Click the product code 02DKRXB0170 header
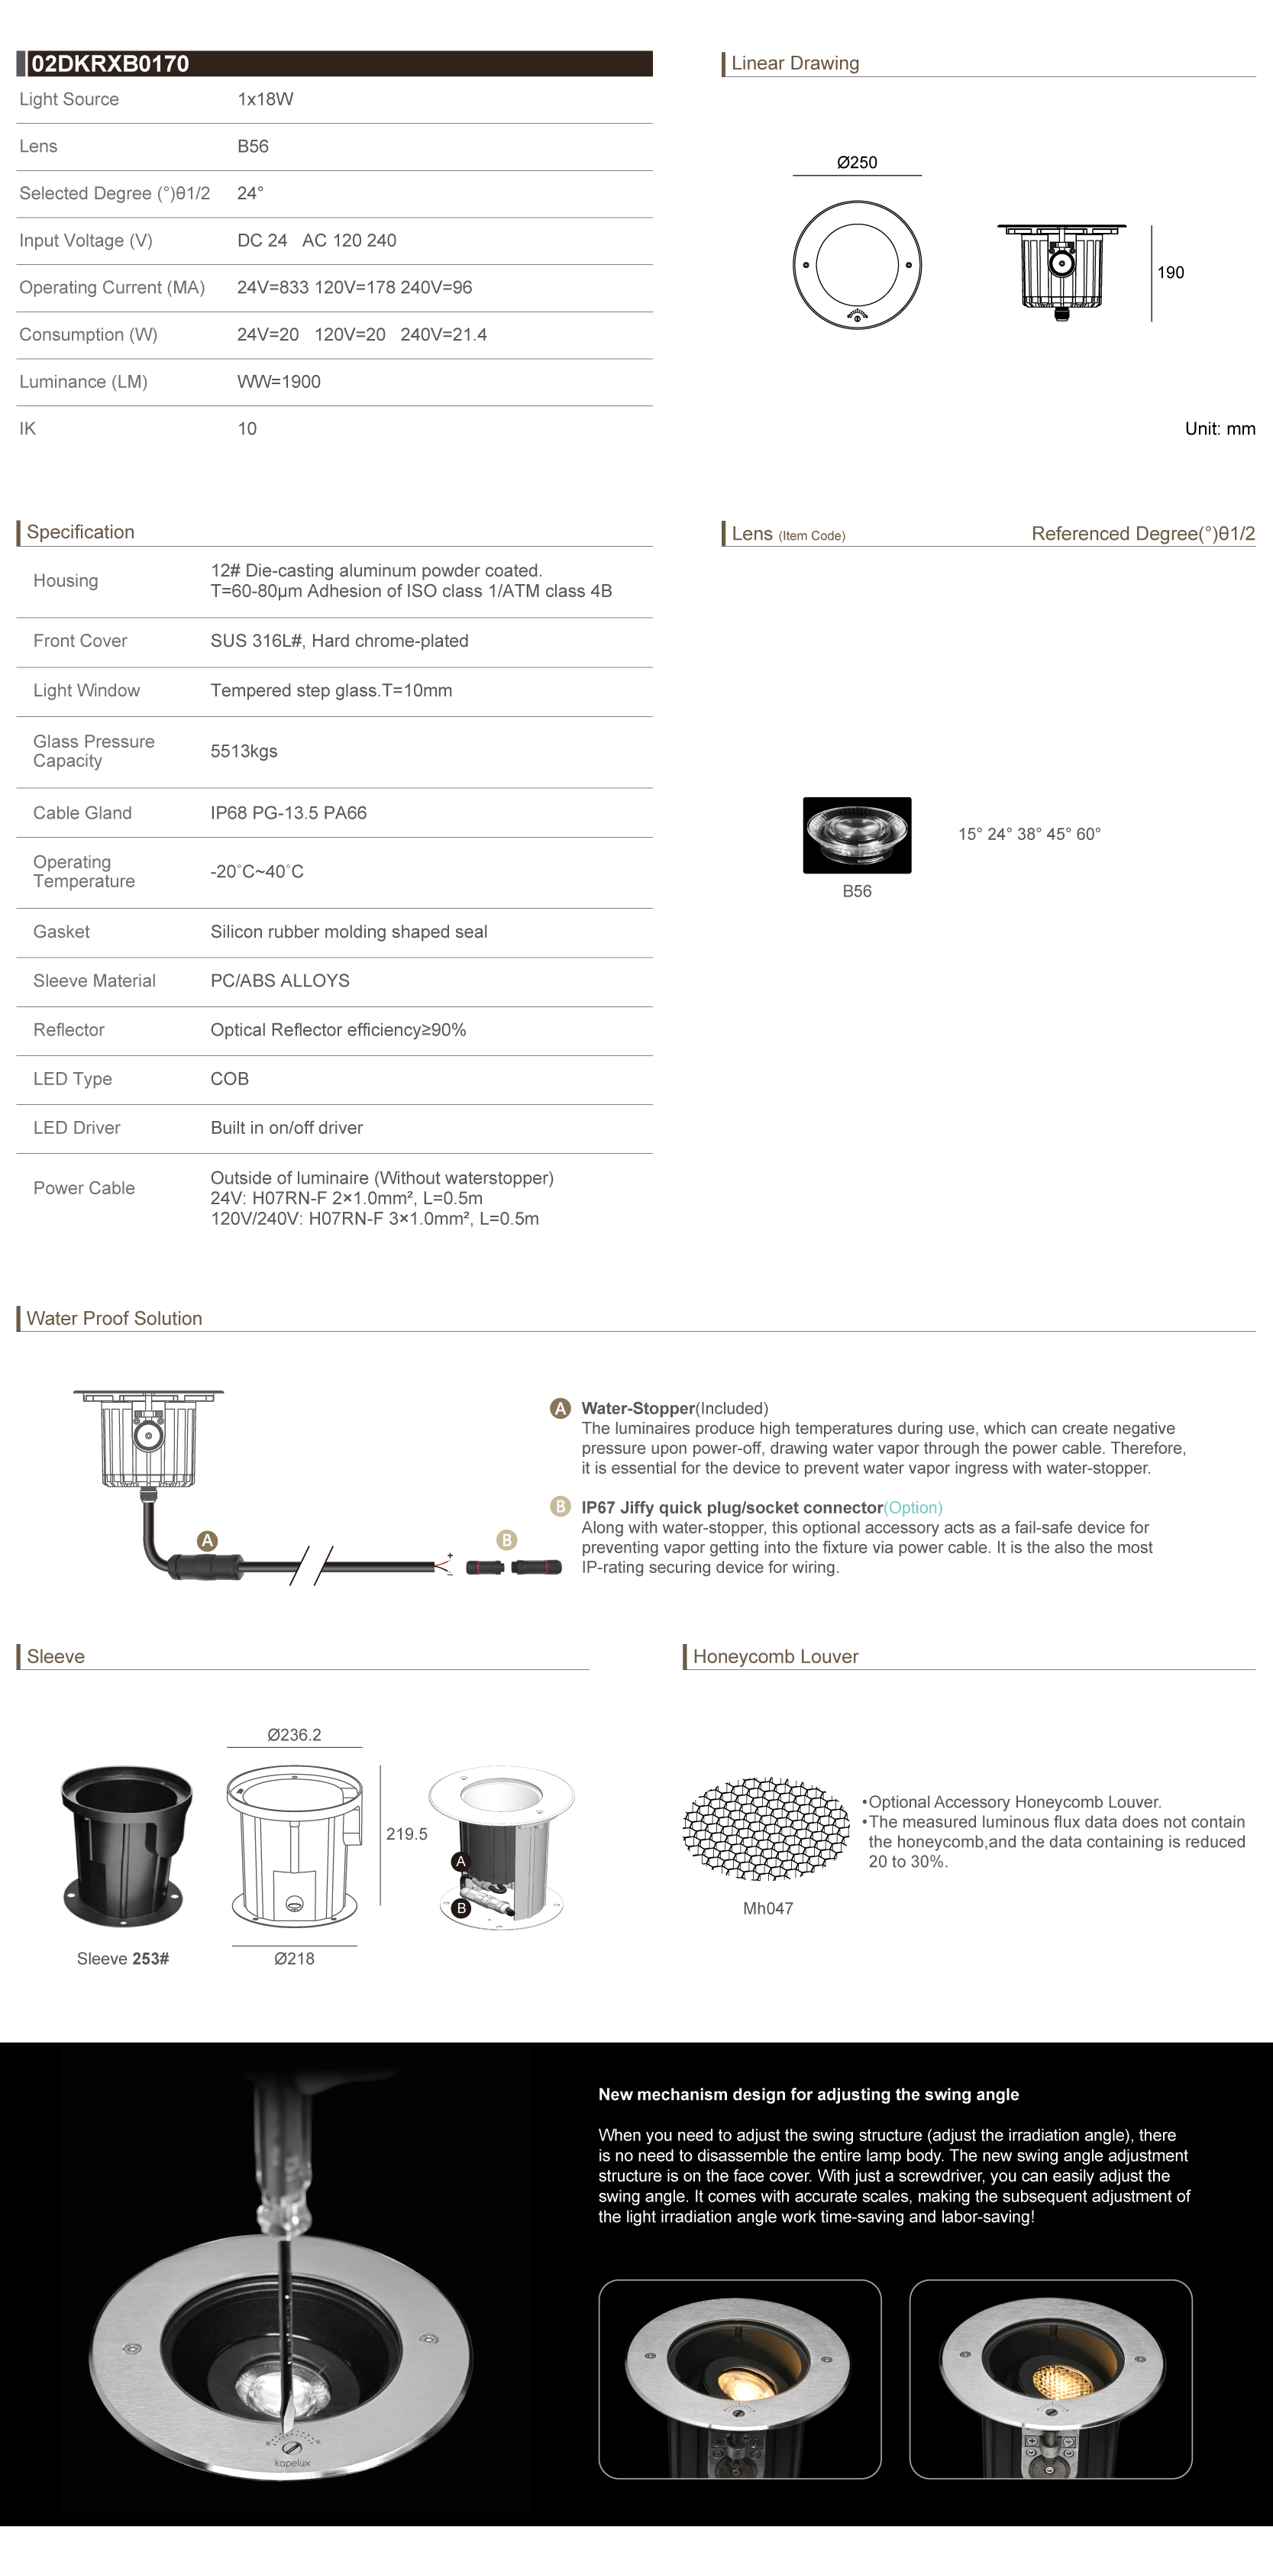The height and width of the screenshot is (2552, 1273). pyautogui.click(x=109, y=64)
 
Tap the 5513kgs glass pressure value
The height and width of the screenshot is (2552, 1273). pyautogui.click(x=244, y=751)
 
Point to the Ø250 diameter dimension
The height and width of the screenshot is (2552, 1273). pyautogui.click(x=857, y=163)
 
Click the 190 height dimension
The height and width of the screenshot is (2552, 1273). pyautogui.click(x=1170, y=273)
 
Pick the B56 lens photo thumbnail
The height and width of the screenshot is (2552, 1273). pyautogui.click(x=857, y=835)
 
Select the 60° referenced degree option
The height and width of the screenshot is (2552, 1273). pyautogui.click(x=1087, y=834)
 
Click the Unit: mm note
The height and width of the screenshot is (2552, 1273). pyautogui.click(x=1220, y=429)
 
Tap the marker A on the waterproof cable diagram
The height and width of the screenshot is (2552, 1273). pyautogui.click(x=207, y=1540)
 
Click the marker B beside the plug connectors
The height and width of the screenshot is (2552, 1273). pyautogui.click(x=506, y=1540)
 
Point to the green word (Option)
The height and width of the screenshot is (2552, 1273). pyautogui.click(x=913, y=1508)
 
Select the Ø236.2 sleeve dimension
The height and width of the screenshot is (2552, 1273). pyautogui.click(x=294, y=1735)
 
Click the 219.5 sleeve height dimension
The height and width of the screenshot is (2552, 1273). pyautogui.click(x=406, y=1833)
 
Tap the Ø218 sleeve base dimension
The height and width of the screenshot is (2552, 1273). pyautogui.click(x=294, y=1959)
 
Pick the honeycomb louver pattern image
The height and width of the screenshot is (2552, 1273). pyautogui.click(x=766, y=1829)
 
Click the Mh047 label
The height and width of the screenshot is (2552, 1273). pyautogui.click(x=767, y=1909)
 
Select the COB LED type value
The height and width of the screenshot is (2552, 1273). pyautogui.click(x=230, y=1079)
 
